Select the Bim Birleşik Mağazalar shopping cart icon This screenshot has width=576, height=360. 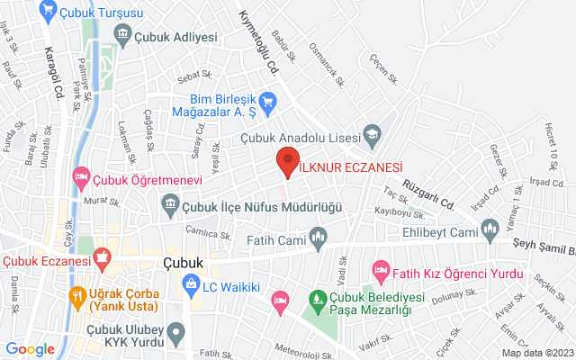[266, 103]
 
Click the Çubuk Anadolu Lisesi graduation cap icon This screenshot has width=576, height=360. [370, 136]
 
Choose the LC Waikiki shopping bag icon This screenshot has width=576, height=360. [190, 286]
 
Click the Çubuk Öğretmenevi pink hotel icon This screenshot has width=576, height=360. [81, 175]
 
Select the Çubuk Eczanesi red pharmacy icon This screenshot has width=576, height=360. [101, 260]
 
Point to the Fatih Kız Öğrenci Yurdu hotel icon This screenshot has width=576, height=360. [380, 269]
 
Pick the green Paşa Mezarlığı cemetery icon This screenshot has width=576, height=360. [316, 298]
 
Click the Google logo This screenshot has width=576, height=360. [31, 348]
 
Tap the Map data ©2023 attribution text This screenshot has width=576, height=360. [536, 353]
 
